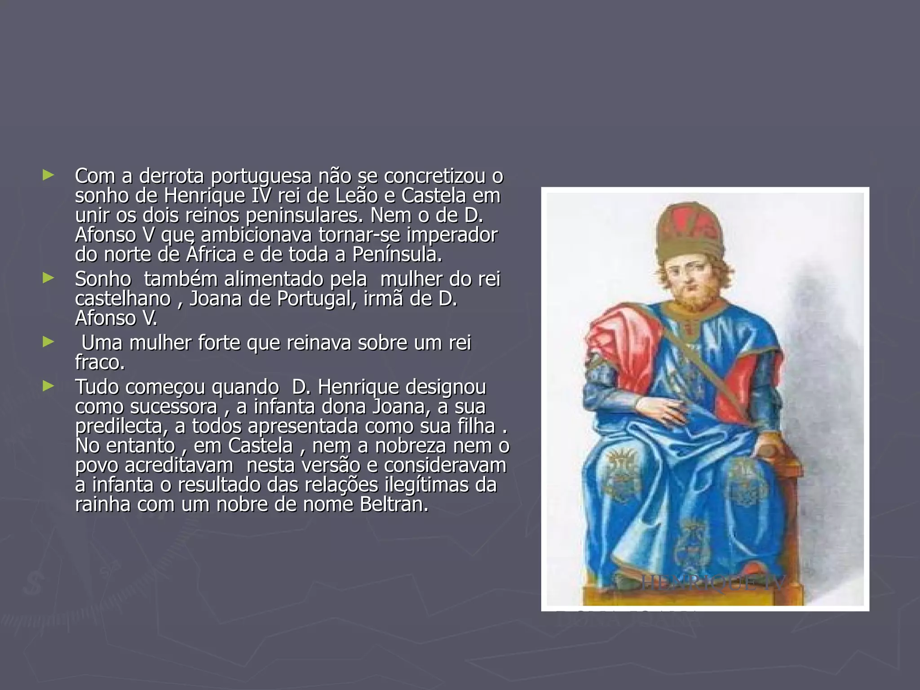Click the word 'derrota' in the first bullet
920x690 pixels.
(x=171, y=176)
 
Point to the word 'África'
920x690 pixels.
(x=211, y=255)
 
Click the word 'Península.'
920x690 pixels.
(x=397, y=255)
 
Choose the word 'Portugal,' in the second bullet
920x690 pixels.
(x=317, y=299)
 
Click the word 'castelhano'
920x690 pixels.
(x=123, y=299)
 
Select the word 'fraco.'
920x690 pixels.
(x=100, y=363)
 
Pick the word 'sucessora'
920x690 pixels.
(x=174, y=407)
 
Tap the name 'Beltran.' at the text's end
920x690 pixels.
(x=394, y=505)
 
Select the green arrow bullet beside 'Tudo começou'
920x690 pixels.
(x=48, y=386)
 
